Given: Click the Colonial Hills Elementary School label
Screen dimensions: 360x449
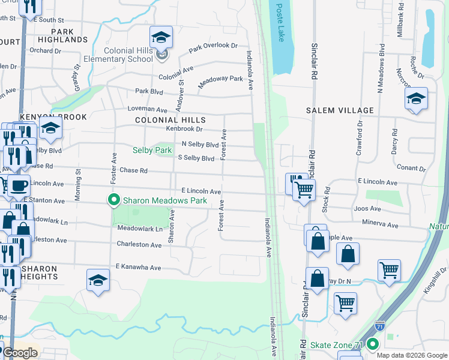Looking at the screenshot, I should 128,55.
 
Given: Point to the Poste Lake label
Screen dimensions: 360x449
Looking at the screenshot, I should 280,22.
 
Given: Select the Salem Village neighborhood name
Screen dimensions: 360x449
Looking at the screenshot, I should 340,110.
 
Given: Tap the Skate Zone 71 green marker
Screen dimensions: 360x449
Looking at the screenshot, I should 373,344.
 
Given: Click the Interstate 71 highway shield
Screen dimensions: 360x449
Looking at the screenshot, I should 379,326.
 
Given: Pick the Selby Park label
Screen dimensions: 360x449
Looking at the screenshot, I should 152,149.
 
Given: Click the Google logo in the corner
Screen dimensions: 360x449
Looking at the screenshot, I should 20,352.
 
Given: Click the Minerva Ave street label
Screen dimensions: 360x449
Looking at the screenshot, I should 380,225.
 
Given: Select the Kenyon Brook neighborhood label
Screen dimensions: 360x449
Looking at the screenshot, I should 53,117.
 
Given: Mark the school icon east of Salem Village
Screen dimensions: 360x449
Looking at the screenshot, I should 416,99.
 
